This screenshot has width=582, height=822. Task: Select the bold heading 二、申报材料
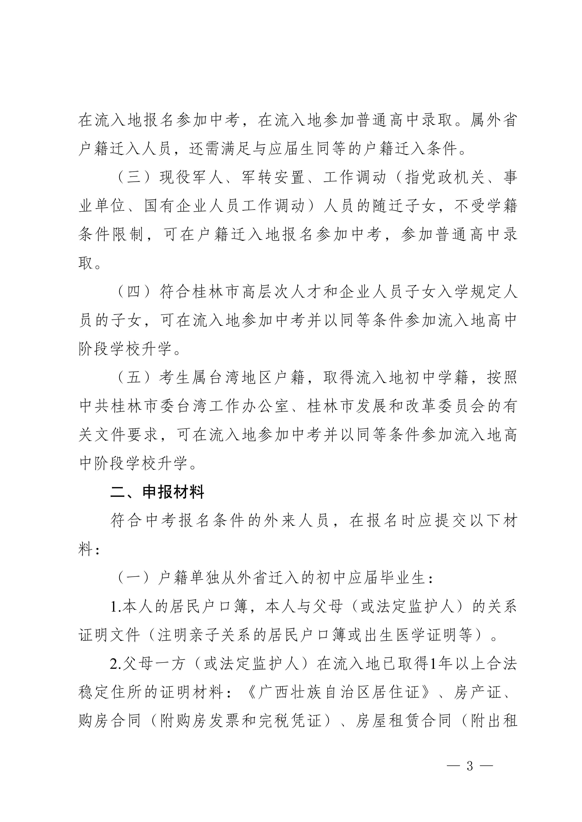tap(157, 492)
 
